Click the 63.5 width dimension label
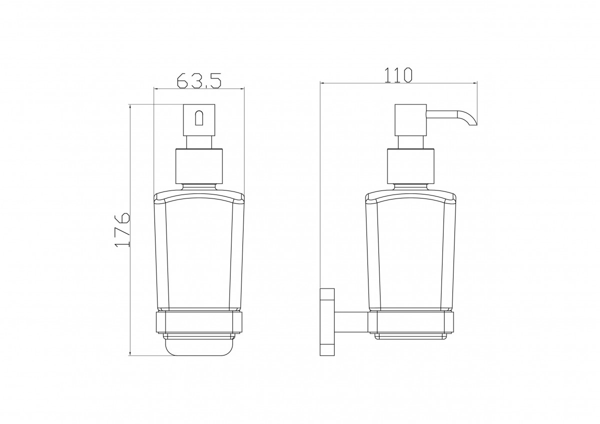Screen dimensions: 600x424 tap(199, 80)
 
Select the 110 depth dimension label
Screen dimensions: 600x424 tap(398, 75)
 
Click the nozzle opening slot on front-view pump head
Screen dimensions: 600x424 tap(199, 118)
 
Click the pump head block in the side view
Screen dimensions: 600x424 tap(410, 120)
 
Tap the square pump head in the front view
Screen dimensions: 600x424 tap(199, 119)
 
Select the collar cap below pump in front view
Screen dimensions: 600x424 tap(199, 166)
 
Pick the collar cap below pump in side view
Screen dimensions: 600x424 tap(410, 166)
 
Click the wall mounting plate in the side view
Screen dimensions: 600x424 tap(327, 322)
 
